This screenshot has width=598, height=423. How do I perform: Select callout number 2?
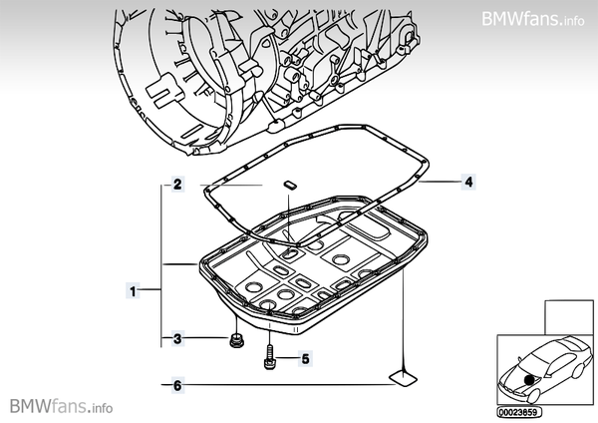[x=175, y=185]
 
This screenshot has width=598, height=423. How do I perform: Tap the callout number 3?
[x=175, y=339]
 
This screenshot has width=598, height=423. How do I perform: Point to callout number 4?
[x=466, y=183]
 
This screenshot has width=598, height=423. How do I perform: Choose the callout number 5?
[x=306, y=357]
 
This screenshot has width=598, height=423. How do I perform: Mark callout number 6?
[x=175, y=385]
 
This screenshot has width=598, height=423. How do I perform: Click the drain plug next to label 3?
[x=235, y=342]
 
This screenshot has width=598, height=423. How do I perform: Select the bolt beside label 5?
[x=269, y=356]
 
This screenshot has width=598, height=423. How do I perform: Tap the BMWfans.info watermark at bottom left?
[x=62, y=407]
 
